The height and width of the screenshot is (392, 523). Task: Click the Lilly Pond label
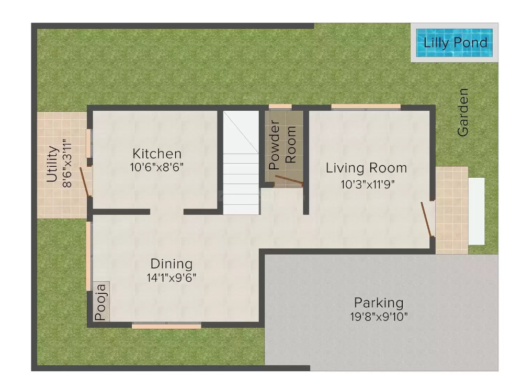(455, 43)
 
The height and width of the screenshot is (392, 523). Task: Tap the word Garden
(463, 112)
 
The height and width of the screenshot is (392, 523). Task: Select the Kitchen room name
(157, 154)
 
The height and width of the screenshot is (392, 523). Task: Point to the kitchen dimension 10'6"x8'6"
(157, 167)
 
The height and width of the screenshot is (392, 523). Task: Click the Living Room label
(366, 168)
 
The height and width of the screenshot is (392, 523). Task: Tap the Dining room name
(172, 264)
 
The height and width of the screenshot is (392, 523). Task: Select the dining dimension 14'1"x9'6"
(172, 278)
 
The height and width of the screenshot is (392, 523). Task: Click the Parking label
(379, 303)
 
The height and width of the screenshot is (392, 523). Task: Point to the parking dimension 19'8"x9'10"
(379, 316)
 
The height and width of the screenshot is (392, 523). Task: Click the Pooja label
(101, 302)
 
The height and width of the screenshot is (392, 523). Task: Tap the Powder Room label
(282, 145)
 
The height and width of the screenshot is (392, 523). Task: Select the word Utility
(52, 164)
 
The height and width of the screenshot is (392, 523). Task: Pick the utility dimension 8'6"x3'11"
(66, 164)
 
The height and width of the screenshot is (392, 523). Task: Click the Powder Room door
(289, 180)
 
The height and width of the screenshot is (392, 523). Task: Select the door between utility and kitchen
(86, 182)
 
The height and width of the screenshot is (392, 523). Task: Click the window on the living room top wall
(366, 107)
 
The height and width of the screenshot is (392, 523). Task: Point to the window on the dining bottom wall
(166, 326)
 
